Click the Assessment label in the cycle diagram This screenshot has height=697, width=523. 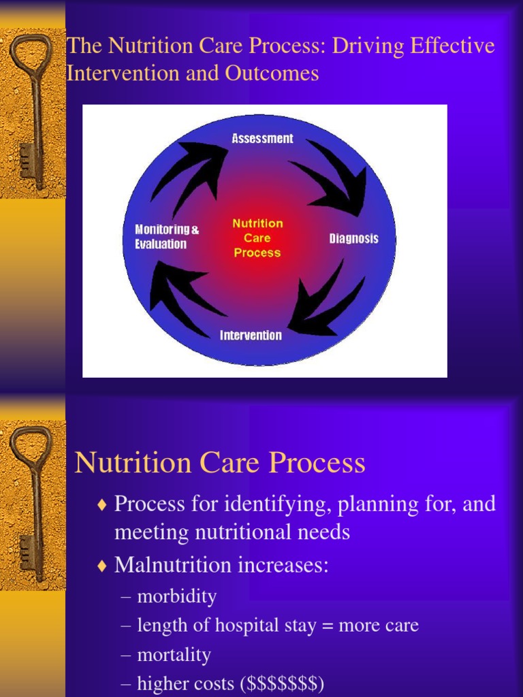pos(262,139)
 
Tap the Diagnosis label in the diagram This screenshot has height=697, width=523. pos(353,239)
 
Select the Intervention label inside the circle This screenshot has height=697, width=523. pos(251,336)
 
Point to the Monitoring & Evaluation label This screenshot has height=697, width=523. pos(167,237)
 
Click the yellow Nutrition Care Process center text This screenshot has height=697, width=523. pos(257,238)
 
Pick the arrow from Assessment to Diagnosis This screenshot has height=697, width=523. pos(334,176)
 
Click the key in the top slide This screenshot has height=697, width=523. pos(30,109)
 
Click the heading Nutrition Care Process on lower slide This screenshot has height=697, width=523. pos(220,464)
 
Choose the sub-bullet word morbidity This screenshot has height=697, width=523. pos(177,597)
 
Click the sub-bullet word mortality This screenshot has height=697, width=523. pos(174,655)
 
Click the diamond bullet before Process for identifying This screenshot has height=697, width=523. pos(102,505)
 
